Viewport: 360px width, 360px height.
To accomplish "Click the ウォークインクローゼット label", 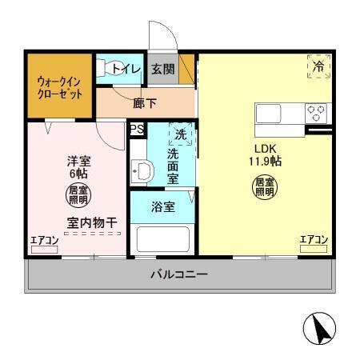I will tap(59, 86).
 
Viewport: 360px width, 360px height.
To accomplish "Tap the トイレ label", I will tap(126, 70).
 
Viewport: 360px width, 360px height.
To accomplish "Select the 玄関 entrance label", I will tap(163, 69).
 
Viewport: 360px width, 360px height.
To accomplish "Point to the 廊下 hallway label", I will tap(145, 102).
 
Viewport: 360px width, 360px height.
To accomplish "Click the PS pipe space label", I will tap(136, 128).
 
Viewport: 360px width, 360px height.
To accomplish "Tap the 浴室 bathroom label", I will tap(163, 206).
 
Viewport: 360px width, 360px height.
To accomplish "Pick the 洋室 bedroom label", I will tap(78, 161).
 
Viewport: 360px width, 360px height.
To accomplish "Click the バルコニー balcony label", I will tap(180, 275).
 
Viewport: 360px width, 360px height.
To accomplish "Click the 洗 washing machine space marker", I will tap(181, 134).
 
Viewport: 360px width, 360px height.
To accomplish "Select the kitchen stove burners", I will tap(315, 113).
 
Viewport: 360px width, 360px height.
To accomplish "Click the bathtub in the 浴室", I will tap(162, 239).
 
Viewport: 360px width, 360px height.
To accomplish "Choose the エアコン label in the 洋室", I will tap(45, 240).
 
